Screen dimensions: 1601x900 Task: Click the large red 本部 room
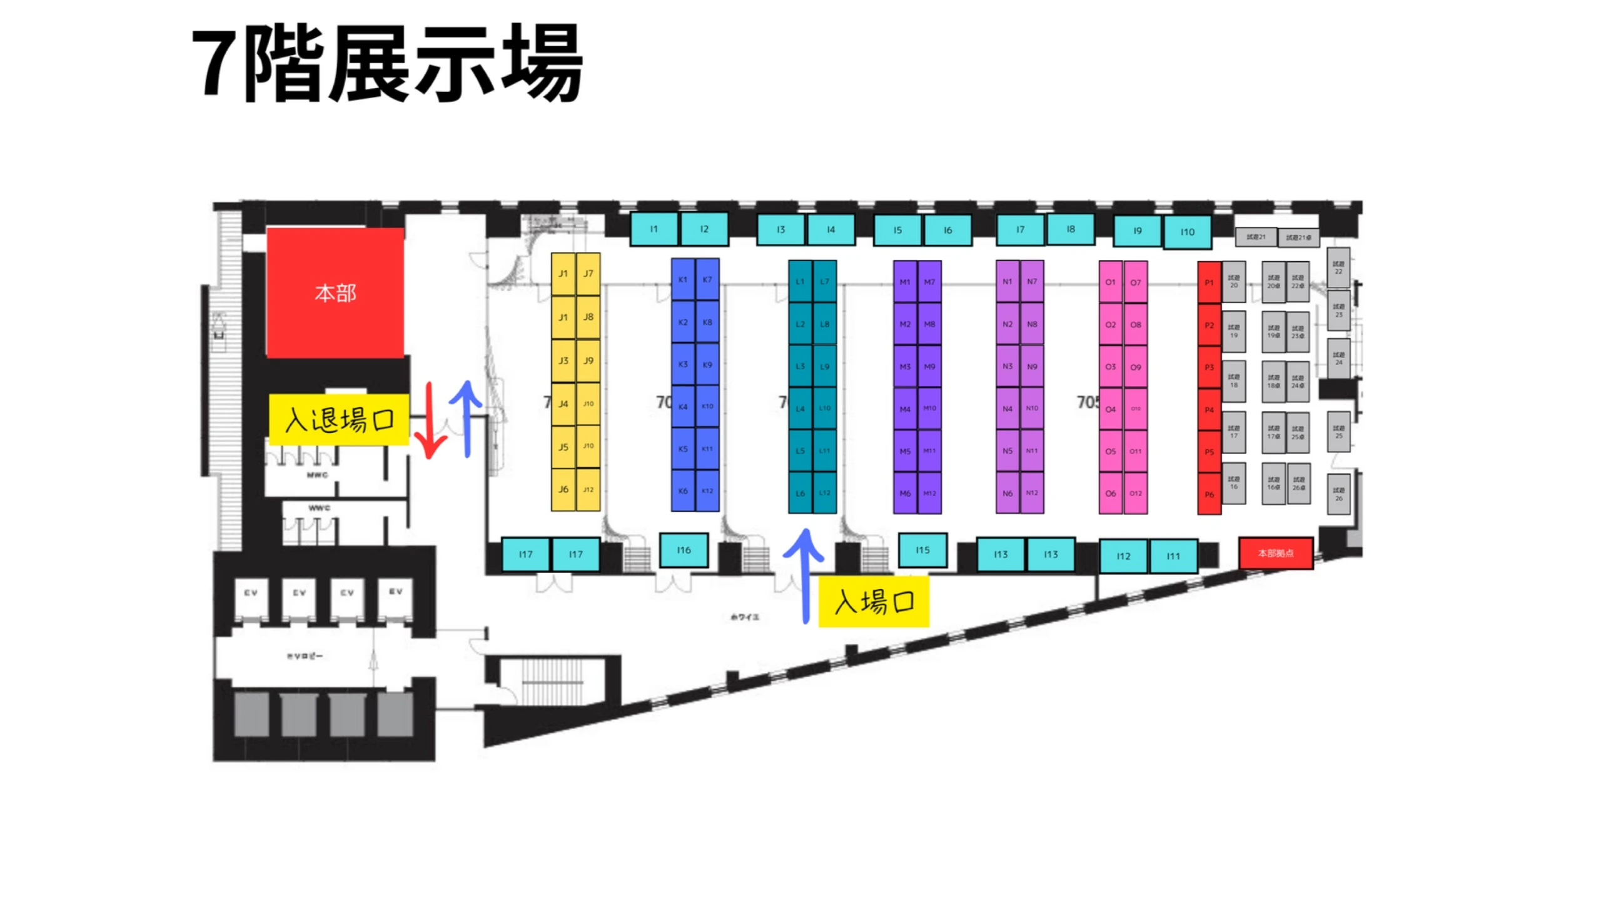335,292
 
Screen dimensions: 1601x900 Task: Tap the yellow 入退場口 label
339,419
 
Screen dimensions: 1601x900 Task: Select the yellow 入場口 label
874,602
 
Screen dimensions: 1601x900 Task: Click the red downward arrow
430,422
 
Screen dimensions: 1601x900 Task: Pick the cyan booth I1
654,229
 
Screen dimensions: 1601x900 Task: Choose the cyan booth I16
684,550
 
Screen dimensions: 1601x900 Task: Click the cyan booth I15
922,550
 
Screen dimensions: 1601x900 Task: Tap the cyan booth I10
1187,232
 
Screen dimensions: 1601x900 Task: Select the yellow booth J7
588,274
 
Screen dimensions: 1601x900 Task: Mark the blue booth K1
682,279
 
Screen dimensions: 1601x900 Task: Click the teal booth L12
824,492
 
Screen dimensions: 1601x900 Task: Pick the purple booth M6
905,493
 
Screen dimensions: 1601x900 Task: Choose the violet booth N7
1032,281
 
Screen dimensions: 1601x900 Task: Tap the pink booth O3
1110,367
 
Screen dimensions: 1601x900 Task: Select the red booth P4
1209,410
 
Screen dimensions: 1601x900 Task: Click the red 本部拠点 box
1275,553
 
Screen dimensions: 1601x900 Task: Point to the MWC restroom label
317,475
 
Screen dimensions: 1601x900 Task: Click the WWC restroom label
319,507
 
